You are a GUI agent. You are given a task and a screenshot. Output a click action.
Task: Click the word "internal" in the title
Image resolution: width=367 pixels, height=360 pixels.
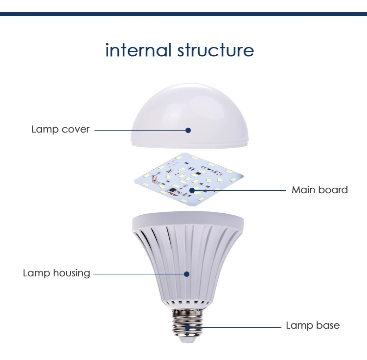(x=138, y=50)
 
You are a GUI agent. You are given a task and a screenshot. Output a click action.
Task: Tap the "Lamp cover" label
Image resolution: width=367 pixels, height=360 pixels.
(x=60, y=130)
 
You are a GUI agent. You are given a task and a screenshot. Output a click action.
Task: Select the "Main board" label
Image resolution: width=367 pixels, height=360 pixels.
(x=320, y=190)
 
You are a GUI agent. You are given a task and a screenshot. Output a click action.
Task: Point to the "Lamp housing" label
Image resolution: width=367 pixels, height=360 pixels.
(x=56, y=273)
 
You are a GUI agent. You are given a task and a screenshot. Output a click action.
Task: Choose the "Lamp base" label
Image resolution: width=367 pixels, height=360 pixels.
(x=312, y=325)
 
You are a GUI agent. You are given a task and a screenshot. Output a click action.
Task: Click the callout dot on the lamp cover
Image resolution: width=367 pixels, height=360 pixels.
(x=187, y=130)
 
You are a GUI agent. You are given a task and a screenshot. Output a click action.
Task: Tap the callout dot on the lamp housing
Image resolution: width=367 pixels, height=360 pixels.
(x=186, y=273)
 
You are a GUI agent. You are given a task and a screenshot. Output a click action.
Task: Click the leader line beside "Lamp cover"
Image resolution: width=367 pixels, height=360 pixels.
(x=139, y=130)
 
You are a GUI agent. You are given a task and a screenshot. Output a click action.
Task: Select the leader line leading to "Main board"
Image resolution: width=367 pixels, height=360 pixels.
(x=240, y=190)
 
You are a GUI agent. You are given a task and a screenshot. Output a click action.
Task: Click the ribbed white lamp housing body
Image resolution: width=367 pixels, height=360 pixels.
(x=161, y=259)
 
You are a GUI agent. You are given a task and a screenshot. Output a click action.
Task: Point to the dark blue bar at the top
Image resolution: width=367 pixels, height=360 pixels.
(x=183, y=14)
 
